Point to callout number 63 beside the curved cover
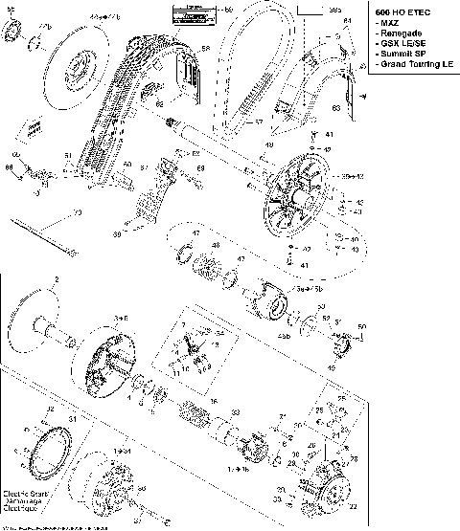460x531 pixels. [362, 110]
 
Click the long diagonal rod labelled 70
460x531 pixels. [43, 234]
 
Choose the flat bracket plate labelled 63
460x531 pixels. [350, 95]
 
